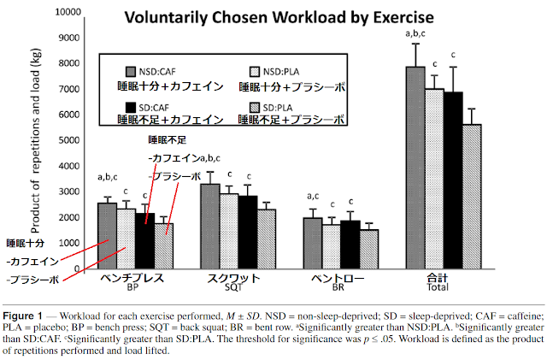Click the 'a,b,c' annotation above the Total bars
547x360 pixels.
click(x=415, y=35)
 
